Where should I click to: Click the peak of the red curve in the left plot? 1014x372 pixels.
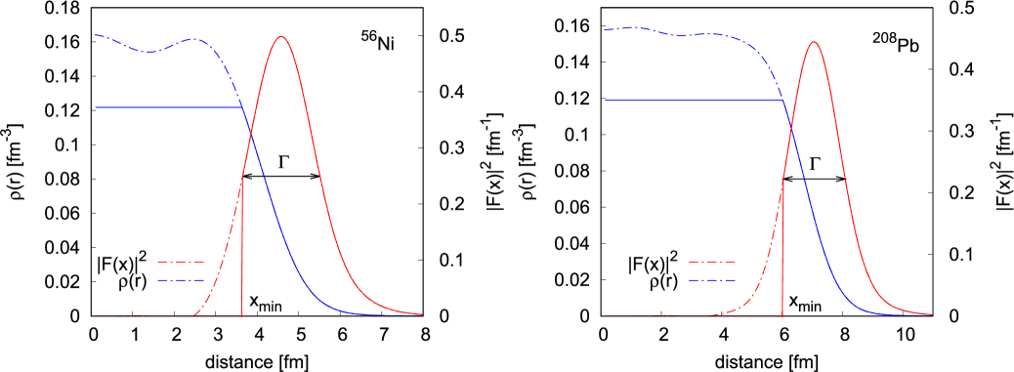281,37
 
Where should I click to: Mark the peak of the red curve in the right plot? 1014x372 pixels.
813,42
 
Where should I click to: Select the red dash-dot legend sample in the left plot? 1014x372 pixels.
181,262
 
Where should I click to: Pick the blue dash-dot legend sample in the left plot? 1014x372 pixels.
181,279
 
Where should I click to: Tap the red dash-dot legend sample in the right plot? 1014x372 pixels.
711,262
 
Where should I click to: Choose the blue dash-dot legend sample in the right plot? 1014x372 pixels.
711,279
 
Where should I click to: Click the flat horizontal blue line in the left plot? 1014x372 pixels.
166,106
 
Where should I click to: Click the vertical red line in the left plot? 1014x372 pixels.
241,254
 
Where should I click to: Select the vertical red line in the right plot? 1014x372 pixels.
782,254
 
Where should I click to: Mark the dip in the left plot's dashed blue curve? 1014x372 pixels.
149,52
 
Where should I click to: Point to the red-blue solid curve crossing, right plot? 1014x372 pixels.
790,130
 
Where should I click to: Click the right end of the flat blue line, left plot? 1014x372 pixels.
241,106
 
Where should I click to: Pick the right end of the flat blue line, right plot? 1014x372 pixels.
782,100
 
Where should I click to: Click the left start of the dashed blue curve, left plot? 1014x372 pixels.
96,35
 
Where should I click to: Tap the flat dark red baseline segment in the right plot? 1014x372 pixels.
684,315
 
